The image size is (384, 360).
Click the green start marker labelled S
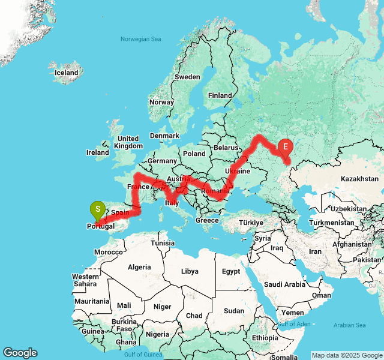[97, 210]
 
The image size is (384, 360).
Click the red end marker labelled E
[286, 146]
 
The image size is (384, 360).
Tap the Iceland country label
[67, 73]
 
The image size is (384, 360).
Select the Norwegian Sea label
[141, 39]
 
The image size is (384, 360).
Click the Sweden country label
[187, 77]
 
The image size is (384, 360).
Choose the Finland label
[220, 95]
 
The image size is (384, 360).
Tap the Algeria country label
[140, 266]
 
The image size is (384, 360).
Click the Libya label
[189, 271]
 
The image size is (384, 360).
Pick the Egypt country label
[230, 271]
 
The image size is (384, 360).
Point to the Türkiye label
[251, 223]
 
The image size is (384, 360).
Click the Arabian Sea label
[350, 325]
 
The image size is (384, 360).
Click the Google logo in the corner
[20, 353]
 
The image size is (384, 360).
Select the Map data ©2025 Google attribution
[346, 355]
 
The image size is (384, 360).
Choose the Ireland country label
[98, 152]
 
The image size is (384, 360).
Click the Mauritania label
[92, 301]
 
